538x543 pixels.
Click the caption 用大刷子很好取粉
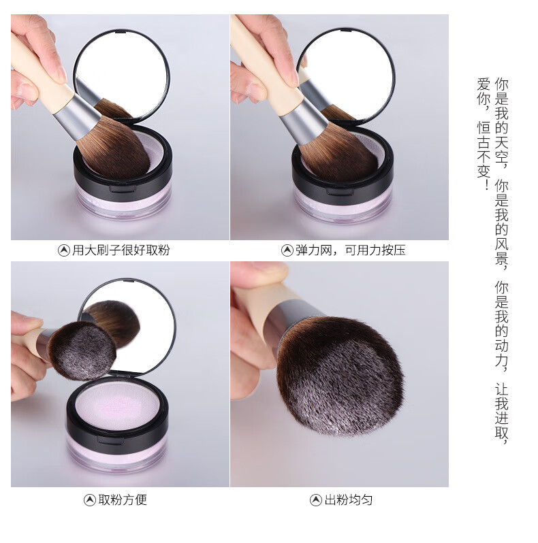tap(121, 250)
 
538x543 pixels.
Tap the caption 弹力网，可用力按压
tap(350, 250)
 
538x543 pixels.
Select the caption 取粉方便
tap(123, 499)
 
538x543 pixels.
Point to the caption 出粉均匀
tap(349, 499)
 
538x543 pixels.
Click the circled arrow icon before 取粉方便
tap(90, 500)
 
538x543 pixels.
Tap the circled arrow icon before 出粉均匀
tap(316, 500)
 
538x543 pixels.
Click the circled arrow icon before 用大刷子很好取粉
tap(64, 250)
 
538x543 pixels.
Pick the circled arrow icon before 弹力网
tap(287, 250)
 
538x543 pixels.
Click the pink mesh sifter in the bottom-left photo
tap(118, 404)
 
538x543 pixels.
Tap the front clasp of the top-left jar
tap(123, 189)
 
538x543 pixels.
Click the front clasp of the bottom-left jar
tap(110, 440)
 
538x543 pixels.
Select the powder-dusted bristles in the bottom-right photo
tap(341, 376)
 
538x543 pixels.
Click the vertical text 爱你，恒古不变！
tap(484, 134)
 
